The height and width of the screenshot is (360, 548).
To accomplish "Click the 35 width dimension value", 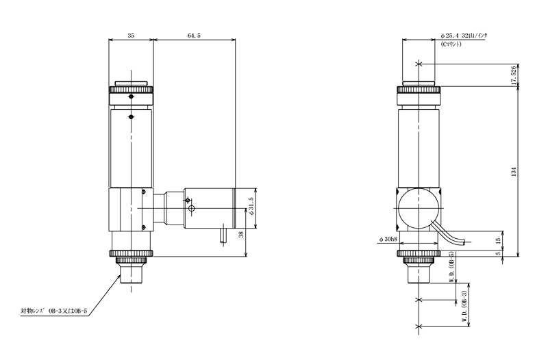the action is pos(131,36).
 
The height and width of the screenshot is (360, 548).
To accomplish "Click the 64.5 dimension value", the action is pos(194,36).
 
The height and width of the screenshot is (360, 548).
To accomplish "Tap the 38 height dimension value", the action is pos(241,234).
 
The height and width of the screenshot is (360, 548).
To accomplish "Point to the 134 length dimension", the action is pos(514,172).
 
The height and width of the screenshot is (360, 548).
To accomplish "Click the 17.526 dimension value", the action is pos(513,75).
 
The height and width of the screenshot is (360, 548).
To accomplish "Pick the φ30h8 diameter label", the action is pos(388,239).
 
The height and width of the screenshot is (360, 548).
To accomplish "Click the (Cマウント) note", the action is pos(451,44).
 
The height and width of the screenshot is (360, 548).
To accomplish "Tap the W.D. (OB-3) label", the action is pos(464,307).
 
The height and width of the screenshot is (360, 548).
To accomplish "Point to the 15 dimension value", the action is pos(499,240).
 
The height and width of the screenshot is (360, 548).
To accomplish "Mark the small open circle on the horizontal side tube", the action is pos(191,209).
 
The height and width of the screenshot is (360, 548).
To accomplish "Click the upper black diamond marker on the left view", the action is pos(131,97).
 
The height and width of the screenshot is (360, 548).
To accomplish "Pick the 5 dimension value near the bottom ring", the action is pos(499,253).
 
